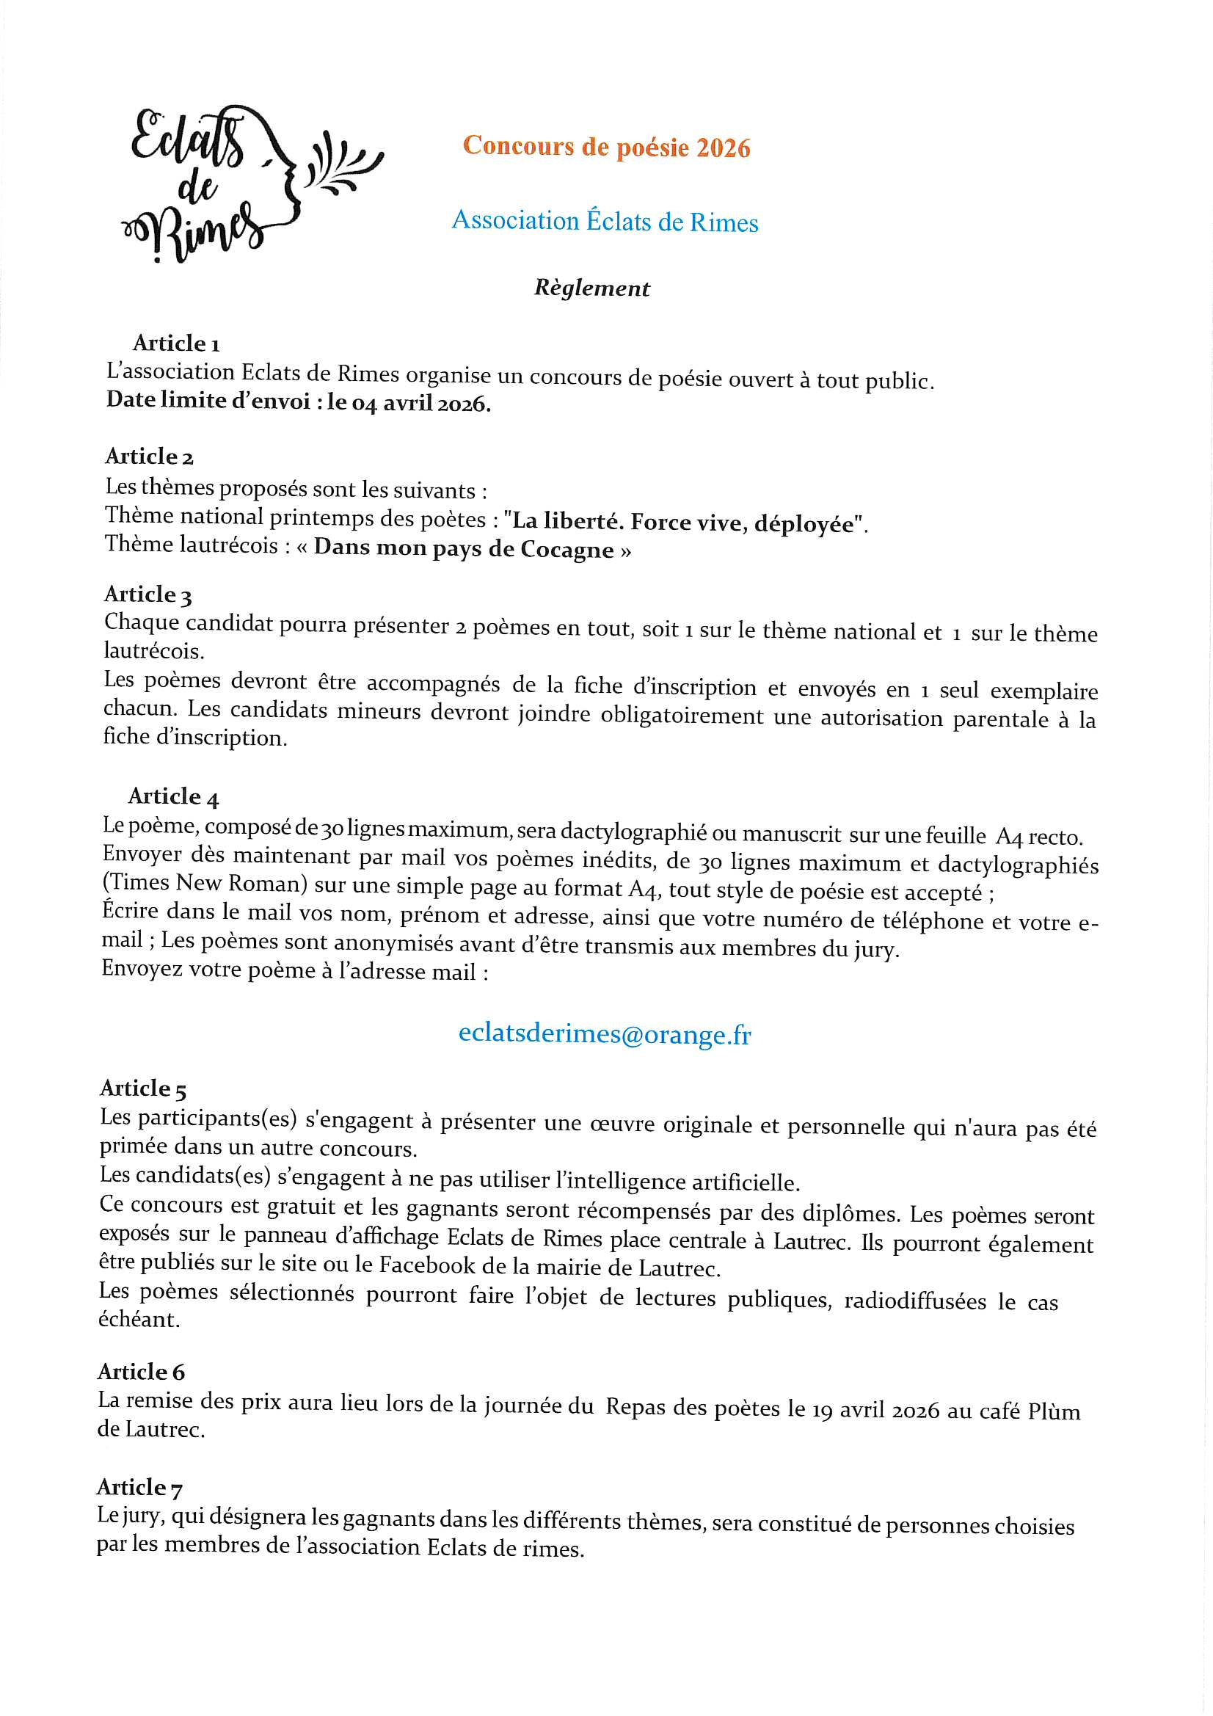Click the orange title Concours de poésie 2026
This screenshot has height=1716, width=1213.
tap(606, 147)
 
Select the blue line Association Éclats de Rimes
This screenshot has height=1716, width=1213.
tap(605, 221)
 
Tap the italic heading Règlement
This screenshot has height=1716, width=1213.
tap(591, 288)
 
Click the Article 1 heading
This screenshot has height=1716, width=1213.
tap(175, 343)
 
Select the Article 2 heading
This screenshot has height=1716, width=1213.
tap(150, 457)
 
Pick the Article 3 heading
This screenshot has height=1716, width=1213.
tap(148, 595)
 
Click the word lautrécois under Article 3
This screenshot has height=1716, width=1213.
tap(153, 651)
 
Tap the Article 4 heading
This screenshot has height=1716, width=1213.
tap(173, 797)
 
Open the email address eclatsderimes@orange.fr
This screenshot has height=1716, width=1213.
tap(604, 1033)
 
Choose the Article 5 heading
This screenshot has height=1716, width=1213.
tap(143, 1089)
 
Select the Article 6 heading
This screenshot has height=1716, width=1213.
tap(141, 1373)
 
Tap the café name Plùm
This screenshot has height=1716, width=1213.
tap(1053, 1411)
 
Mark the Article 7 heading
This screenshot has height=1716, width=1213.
tap(139, 1487)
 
